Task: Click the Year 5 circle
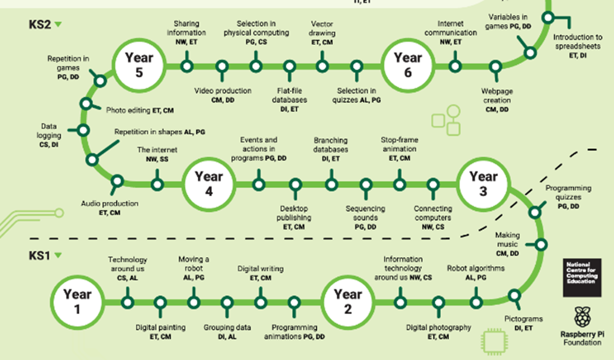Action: tap(139, 66)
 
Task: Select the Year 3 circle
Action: tap(483, 184)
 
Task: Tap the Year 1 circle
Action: tap(78, 302)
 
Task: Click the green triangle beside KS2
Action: tap(58, 24)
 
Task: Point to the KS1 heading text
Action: tap(39, 255)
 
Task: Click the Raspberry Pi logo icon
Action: tap(582, 317)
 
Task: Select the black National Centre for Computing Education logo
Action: tap(582, 277)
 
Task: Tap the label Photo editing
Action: tap(128, 110)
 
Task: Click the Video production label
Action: tap(223, 91)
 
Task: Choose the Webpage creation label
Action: tap(497, 95)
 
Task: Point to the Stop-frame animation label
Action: tap(399, 144)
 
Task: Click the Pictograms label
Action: tap(524, 319)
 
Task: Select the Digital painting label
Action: tap(160, 327)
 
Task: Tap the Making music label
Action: tap(508, 239)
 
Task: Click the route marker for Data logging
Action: tap(83, 130)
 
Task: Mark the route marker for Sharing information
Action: tap(187, 66)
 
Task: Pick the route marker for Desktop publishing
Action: tap(296, 185)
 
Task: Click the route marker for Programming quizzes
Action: tap(535, 212)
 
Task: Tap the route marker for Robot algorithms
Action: tap(476, 303)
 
